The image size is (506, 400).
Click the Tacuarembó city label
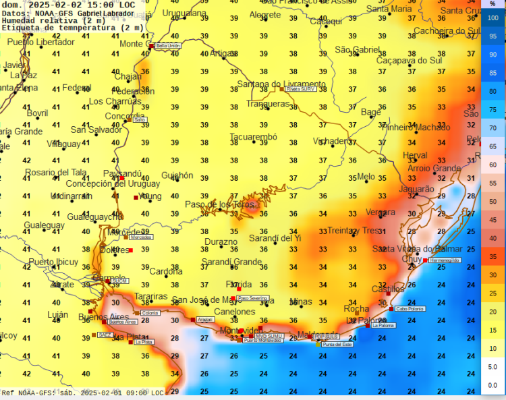point(253,137)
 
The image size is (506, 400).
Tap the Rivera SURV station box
point(300,89)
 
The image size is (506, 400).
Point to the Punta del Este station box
point(337,345)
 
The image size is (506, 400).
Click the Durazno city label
point(221,241)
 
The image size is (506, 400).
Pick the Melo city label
point(366,177)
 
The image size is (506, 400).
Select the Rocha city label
point(356,309)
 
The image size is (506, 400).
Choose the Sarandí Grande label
point(231,262)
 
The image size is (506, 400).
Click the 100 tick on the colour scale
point(493,18)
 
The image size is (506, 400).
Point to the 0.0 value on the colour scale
point(493,384)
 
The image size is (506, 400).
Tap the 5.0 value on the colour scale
point(493,366)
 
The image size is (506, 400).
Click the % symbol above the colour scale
point(493,4)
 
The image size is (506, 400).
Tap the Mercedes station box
point(140,237)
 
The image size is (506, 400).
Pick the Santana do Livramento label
point(281,84)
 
